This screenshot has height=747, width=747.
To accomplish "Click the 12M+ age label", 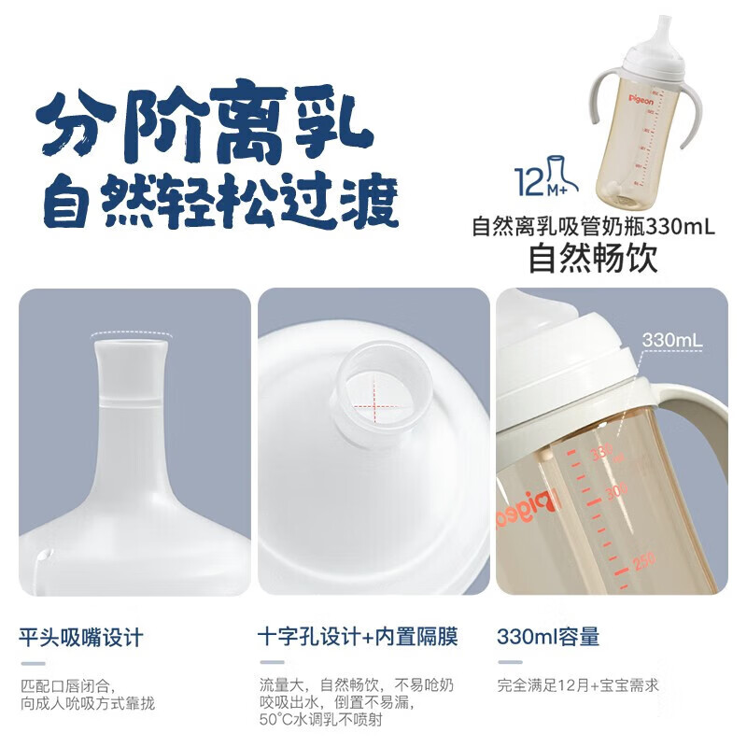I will [535, 180].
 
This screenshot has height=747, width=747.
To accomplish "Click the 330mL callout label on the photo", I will [671, 340].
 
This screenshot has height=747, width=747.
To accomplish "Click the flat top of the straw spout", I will [130, 344].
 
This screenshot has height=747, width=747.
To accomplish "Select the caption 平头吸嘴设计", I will [81, 638].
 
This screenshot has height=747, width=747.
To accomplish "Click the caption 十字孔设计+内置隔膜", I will [359, 638].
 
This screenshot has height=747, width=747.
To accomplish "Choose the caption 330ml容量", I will [548, 638].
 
